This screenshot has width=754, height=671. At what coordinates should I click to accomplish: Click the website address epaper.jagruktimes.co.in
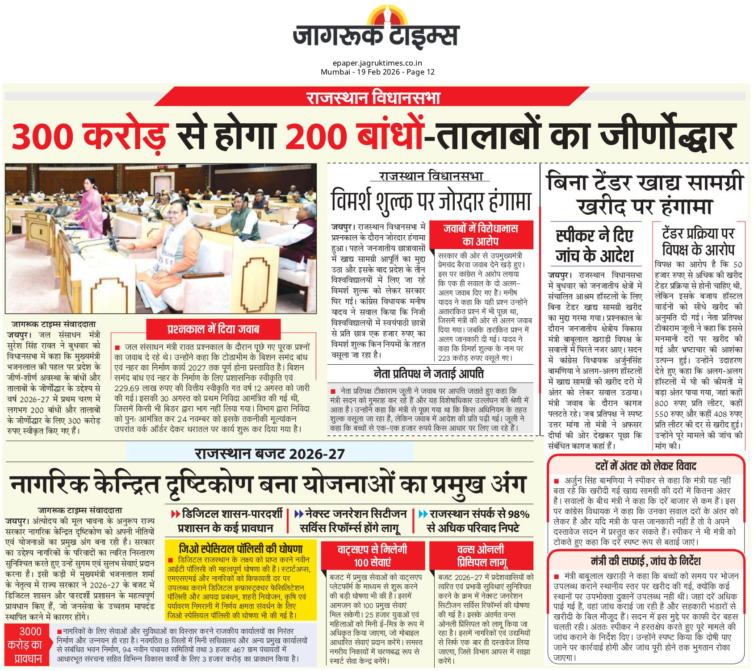click(377, 63)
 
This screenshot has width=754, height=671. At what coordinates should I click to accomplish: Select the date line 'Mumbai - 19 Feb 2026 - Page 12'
click(377, 72)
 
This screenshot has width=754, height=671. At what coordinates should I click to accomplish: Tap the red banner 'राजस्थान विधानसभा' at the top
click(373, 97)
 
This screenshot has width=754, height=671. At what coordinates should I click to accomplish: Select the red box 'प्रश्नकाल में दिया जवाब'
click(213, 329)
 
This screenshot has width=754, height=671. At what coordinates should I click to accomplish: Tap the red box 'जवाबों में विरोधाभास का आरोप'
click(480, 235)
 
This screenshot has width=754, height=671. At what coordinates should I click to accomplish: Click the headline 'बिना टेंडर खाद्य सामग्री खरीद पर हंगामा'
click(644, 194)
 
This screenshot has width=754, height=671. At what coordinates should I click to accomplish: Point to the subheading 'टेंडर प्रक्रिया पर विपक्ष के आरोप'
click(698, 241)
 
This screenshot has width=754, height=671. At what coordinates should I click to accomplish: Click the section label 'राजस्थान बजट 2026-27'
click(270, 454)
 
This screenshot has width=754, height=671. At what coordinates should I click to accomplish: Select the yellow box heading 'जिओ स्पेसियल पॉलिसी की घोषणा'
click(240, 548)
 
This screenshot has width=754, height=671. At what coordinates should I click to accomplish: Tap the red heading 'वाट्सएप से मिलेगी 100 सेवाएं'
click(372, 555)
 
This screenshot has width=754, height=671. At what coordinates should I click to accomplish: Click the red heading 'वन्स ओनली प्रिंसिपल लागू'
click(481, 555)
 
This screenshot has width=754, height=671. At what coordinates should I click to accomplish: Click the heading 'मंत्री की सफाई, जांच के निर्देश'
click(645, 561)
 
